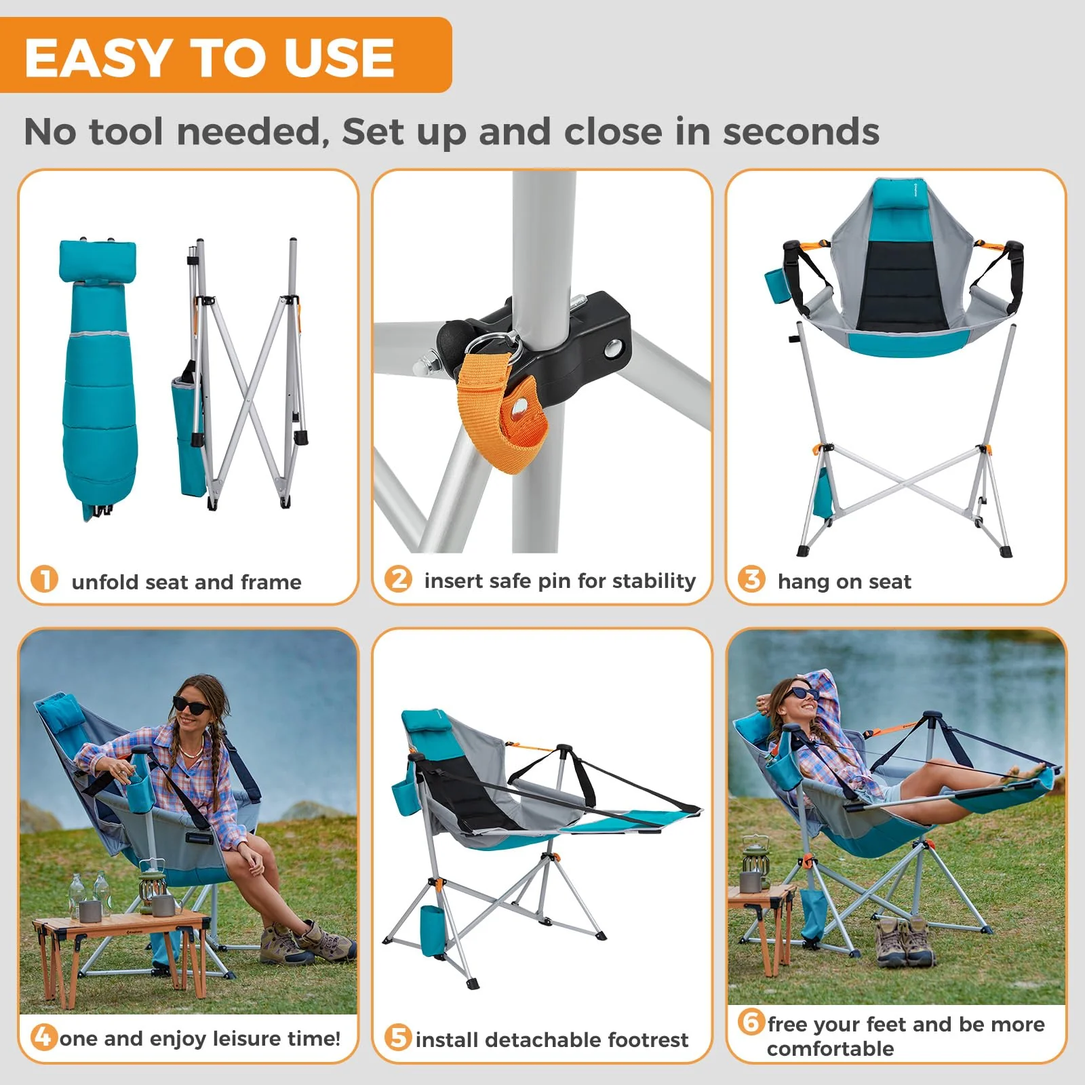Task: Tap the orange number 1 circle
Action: (45, 580)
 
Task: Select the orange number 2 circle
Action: (398, 579)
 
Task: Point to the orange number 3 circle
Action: (751, 580)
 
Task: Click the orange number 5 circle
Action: (398, 1038)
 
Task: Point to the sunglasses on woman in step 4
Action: (192, 705)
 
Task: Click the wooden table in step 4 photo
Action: (122, 932)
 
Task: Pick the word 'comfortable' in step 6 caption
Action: (830, 1049)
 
